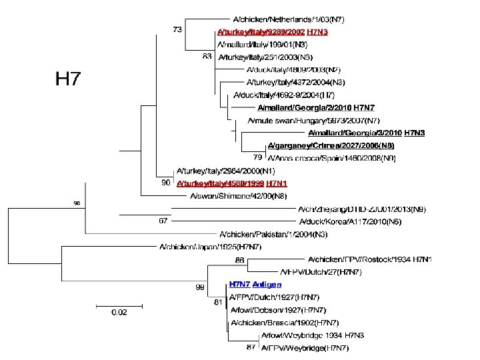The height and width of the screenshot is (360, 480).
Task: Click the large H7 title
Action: (x=67, y=79)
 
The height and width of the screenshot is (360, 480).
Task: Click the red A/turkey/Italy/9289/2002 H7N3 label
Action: (x=272, y=32)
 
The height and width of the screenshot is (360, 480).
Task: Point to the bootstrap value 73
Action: (x=178, y=30)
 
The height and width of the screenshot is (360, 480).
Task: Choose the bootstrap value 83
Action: (x=207, y=57)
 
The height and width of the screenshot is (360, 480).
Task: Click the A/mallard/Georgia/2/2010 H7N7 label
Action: (x=316, y=107)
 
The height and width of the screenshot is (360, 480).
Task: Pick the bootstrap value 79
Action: (x=257, y=157)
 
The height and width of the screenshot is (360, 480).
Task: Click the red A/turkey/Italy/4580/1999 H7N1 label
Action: (x=231, y=183)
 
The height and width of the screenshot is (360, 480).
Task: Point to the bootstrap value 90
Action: (x=165, y=182)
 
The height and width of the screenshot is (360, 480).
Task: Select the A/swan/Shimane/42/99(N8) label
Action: (x=229, y=195)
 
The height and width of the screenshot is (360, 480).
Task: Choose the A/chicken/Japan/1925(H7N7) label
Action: (x=210, y=247)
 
